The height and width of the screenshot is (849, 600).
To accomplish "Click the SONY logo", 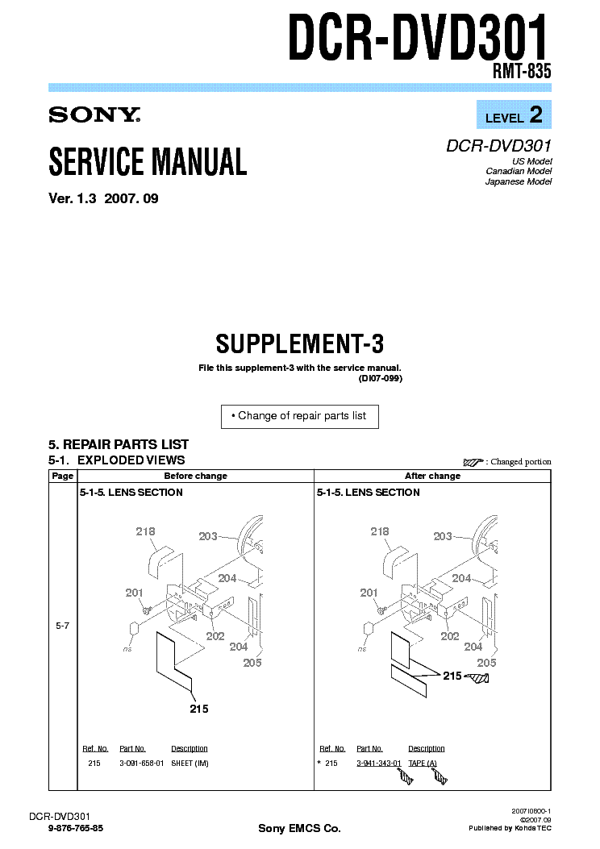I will [x=94, y=114].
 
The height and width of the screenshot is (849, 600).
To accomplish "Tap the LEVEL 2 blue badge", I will [x=513, y=115].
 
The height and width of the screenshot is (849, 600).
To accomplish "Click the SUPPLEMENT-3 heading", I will [x=299, y=344].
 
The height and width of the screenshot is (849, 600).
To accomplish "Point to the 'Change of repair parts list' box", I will [x=299, y=416].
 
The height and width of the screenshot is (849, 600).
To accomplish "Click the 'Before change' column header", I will [x=195, y=476].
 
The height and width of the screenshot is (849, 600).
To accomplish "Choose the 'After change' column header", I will [x=432, y=476].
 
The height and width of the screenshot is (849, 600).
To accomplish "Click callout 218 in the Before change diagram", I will [x=146, y=531].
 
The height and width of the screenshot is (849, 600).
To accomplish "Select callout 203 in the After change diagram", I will [x=443, y=536].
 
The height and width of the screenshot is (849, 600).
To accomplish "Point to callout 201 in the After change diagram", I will [x=369, y=593].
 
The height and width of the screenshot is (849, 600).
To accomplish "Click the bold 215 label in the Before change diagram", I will [x=198, y=709].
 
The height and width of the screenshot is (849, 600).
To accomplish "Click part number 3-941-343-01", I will [x=379, y=764].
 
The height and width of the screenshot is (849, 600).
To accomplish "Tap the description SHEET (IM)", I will [x=190, y=764].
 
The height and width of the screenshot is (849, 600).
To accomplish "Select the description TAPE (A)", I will [x=423, y=764].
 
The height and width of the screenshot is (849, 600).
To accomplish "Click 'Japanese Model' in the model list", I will [x=518, y=182].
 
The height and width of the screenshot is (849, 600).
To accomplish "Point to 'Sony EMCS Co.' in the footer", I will [x=299, y=829].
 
